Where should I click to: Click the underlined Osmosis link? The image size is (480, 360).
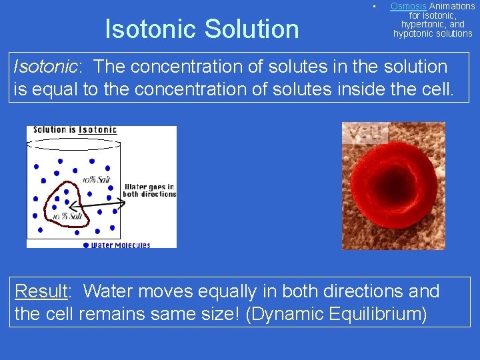click(x=408, y=6)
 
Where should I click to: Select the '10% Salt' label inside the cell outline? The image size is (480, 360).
click(x=67, y=217)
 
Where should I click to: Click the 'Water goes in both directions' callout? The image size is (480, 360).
click(x=150, y=190)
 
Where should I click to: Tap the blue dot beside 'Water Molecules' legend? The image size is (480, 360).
click(x=86, y=245)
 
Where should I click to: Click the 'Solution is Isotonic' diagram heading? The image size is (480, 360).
click(x=75, y=129)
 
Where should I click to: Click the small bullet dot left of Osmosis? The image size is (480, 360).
click(x=375, y=7)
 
